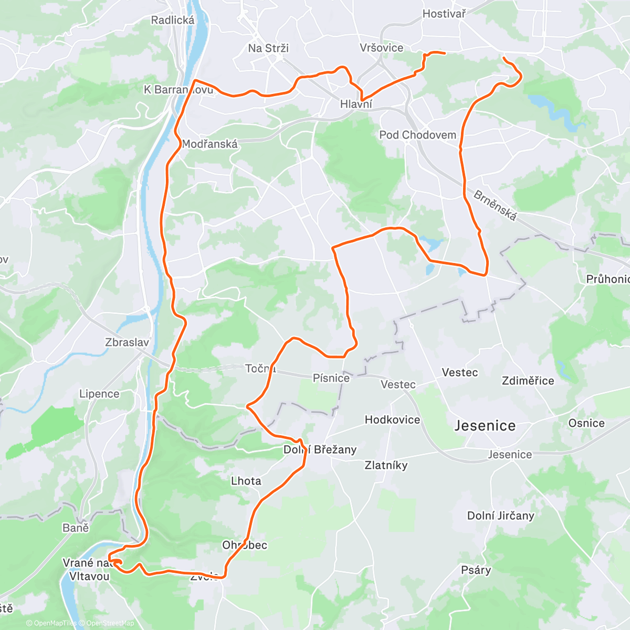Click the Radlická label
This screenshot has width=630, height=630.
(173, 20)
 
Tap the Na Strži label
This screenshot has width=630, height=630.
(268, 48)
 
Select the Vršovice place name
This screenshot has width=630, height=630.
(382, 48)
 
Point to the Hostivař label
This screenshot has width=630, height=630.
(444, 14)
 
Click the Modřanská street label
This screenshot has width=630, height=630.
(210, 144)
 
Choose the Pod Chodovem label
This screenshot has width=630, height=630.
(418, 135)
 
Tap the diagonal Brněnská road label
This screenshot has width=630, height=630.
(495, 205)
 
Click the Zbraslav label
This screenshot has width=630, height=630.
(127, 342)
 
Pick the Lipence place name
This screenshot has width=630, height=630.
(99, 394)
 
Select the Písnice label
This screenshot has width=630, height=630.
(331, 378)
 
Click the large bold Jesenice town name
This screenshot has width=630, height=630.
(485, 425)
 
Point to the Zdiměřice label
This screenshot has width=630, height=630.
(528, 381)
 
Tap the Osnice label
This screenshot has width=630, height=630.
(586, 423)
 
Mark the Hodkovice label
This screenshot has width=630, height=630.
(393, 419)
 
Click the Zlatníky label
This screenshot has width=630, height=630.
(386, 465)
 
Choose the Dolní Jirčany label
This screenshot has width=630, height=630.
(501, 516)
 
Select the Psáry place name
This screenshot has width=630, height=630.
(476, 570)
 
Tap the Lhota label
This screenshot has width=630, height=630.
(246, 481)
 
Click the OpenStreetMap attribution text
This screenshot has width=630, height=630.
(110, 623)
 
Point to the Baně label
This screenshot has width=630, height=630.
(76, 528)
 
